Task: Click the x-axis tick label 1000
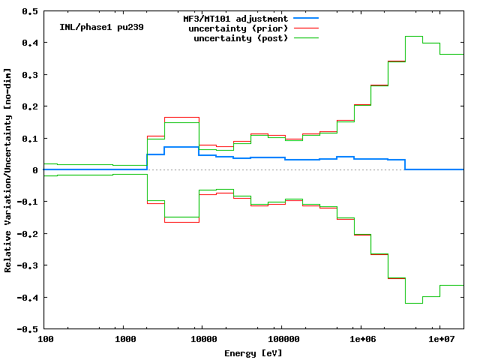(x=125, y=340)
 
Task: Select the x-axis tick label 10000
(x=202, y=340)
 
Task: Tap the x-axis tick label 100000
(x=280, y=340)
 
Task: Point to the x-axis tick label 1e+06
(x=361, y=340)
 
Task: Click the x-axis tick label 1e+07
(x=439, y=340)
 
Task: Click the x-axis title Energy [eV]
(x=253, y=352)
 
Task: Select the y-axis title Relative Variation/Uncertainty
(x=7, y=170)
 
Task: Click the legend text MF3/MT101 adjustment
(x=235, y=19)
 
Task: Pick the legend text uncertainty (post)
(x=241, y=38)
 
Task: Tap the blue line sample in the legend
(x=307, y=18)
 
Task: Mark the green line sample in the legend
(x=307, y=37)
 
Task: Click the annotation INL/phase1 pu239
(x=101, y=27)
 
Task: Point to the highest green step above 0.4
(x=413, y=36)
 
